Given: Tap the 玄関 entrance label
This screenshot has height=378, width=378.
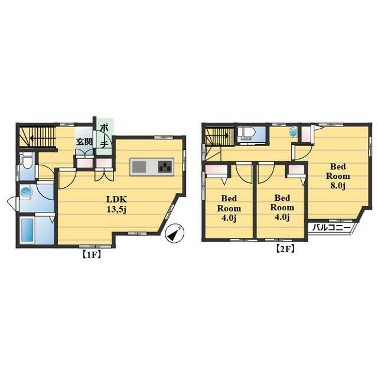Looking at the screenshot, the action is point(84,142).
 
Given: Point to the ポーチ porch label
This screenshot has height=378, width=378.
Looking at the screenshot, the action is point(104,136).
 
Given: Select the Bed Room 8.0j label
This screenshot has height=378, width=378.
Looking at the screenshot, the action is point(338,176).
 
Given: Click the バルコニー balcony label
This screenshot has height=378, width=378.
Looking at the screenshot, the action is point(331,227).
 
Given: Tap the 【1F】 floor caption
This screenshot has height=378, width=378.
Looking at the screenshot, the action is point(92,255).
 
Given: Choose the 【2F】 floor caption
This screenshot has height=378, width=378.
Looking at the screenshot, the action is point(285,249).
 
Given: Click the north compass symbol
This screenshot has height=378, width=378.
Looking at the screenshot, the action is point(175,234).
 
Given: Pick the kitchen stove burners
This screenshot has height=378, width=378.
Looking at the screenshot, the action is point(165,167).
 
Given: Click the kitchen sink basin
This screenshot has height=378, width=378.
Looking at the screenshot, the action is point(139,167).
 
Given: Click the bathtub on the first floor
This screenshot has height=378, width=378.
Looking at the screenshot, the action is point(27,230).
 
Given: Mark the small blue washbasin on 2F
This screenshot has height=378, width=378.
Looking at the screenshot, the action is point(293,132).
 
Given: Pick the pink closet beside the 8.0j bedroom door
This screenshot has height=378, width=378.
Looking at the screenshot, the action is point(306,135).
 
